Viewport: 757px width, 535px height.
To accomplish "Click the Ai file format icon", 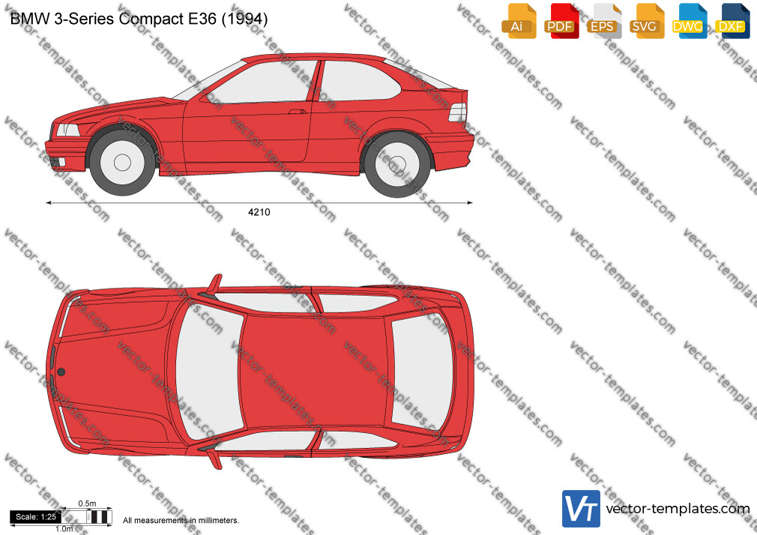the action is click(x=519, y=21).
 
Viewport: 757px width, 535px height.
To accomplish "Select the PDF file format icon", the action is click(x=561, y=21).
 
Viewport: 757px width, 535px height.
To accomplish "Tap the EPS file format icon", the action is click(x=604, y=21).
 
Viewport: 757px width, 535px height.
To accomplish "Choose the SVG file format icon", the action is click(x=646, y=21).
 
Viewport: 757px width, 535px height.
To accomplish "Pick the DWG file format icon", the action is click(x=690, y=21).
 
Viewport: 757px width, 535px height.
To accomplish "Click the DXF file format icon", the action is click(x=732, y=21).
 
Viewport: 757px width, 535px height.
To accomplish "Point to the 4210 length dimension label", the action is click(x=259, y=212).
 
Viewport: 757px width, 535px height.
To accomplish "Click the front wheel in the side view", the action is click(x=122, y=163).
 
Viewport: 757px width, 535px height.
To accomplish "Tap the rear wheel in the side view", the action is click(x=397, y=164).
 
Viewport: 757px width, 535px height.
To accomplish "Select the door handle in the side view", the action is click(x=298, y=112).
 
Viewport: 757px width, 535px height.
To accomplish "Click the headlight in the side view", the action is click(x=67, y=130).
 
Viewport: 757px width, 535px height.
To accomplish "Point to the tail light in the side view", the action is click(x=458, y=112).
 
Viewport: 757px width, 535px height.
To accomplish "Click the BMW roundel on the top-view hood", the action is click(x=61, y=372).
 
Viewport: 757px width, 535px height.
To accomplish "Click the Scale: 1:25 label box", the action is click(x=35, y=517).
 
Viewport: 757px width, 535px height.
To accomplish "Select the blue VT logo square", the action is click(x=582, y=509).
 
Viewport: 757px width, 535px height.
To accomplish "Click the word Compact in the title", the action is click(x=151, y=19).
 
